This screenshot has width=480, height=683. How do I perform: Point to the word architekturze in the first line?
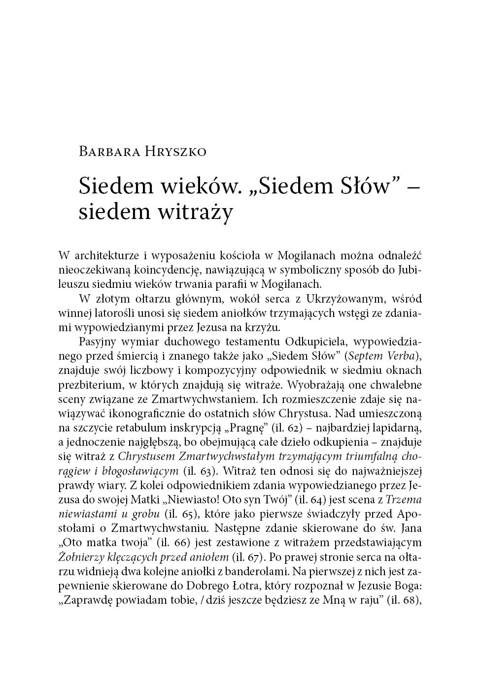point(107,255)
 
